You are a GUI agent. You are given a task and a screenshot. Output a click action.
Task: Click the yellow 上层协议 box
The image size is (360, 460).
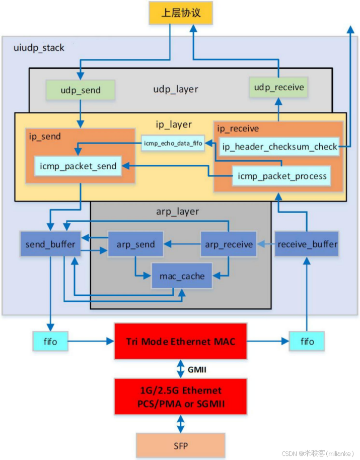[181, 13]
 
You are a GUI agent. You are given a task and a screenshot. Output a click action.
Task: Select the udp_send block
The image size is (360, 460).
[81, 90]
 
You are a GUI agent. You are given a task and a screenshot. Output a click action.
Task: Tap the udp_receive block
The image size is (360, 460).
[279, 88]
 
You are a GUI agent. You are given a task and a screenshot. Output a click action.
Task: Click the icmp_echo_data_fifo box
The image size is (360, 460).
[173, 144]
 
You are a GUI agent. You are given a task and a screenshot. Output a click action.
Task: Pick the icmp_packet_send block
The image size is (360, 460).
[79, 166]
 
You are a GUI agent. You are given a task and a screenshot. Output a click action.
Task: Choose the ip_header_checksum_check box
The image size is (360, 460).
[280, 147]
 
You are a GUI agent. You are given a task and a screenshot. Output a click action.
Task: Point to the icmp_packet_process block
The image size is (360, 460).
[282, 176]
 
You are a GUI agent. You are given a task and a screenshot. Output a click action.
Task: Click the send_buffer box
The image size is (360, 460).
[50, 244]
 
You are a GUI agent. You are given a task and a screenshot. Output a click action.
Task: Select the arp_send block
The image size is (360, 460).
[136, 244]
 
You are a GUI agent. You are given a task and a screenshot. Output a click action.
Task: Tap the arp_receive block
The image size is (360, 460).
[229, 244]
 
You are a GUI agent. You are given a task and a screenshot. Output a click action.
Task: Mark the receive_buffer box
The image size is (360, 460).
[307, 244]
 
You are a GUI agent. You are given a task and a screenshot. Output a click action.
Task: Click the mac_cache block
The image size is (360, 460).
[182, 276]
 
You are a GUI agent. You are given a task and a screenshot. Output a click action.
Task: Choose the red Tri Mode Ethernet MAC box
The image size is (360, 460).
[180, 342]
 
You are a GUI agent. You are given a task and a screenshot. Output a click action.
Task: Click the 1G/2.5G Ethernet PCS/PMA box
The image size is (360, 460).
[180, 396]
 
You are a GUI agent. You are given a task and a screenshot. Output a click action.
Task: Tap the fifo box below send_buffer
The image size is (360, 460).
[50, 342]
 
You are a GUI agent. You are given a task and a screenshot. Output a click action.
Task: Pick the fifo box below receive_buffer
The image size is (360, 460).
[307, 342]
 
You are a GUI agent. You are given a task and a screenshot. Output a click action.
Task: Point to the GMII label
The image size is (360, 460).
[198, 369]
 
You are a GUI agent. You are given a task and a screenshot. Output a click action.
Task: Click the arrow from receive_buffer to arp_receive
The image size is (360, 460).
[266, 244]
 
